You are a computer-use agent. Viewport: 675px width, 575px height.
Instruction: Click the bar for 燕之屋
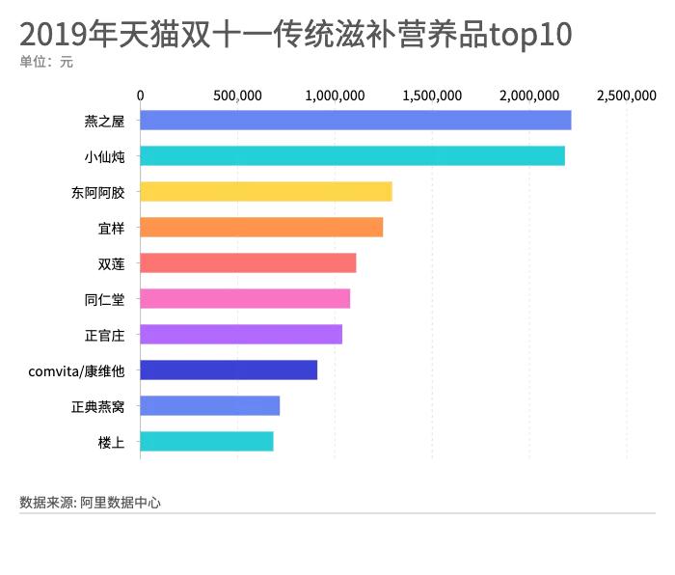point(355,121)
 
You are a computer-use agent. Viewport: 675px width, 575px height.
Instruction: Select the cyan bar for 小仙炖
point(352,156)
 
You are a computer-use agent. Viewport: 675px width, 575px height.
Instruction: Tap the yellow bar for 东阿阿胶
point(265,192)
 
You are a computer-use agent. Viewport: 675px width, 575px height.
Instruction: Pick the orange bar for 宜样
point(261,228)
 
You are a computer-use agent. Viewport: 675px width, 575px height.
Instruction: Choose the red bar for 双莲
point(248,263)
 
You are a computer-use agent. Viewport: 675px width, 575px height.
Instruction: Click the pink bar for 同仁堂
point(245,299)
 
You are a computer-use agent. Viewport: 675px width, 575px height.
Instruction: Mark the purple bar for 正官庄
point(241,335)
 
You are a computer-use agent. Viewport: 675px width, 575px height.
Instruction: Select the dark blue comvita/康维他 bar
point(229,370)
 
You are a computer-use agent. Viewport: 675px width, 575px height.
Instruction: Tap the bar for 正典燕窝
point(209,406)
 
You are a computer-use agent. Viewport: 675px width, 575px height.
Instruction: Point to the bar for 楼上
point(206,442)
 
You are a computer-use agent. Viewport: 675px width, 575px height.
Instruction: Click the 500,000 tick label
point(237,96)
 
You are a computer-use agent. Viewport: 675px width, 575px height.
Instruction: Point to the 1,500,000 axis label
point(432,96)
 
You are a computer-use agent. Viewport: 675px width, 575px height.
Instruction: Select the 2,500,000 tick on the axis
point(626,96)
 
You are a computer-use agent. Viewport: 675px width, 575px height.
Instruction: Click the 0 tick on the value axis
point(141,96)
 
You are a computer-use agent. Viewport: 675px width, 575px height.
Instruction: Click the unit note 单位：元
point(45,63)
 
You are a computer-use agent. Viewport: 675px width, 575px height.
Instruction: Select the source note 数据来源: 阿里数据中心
point(90,503)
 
